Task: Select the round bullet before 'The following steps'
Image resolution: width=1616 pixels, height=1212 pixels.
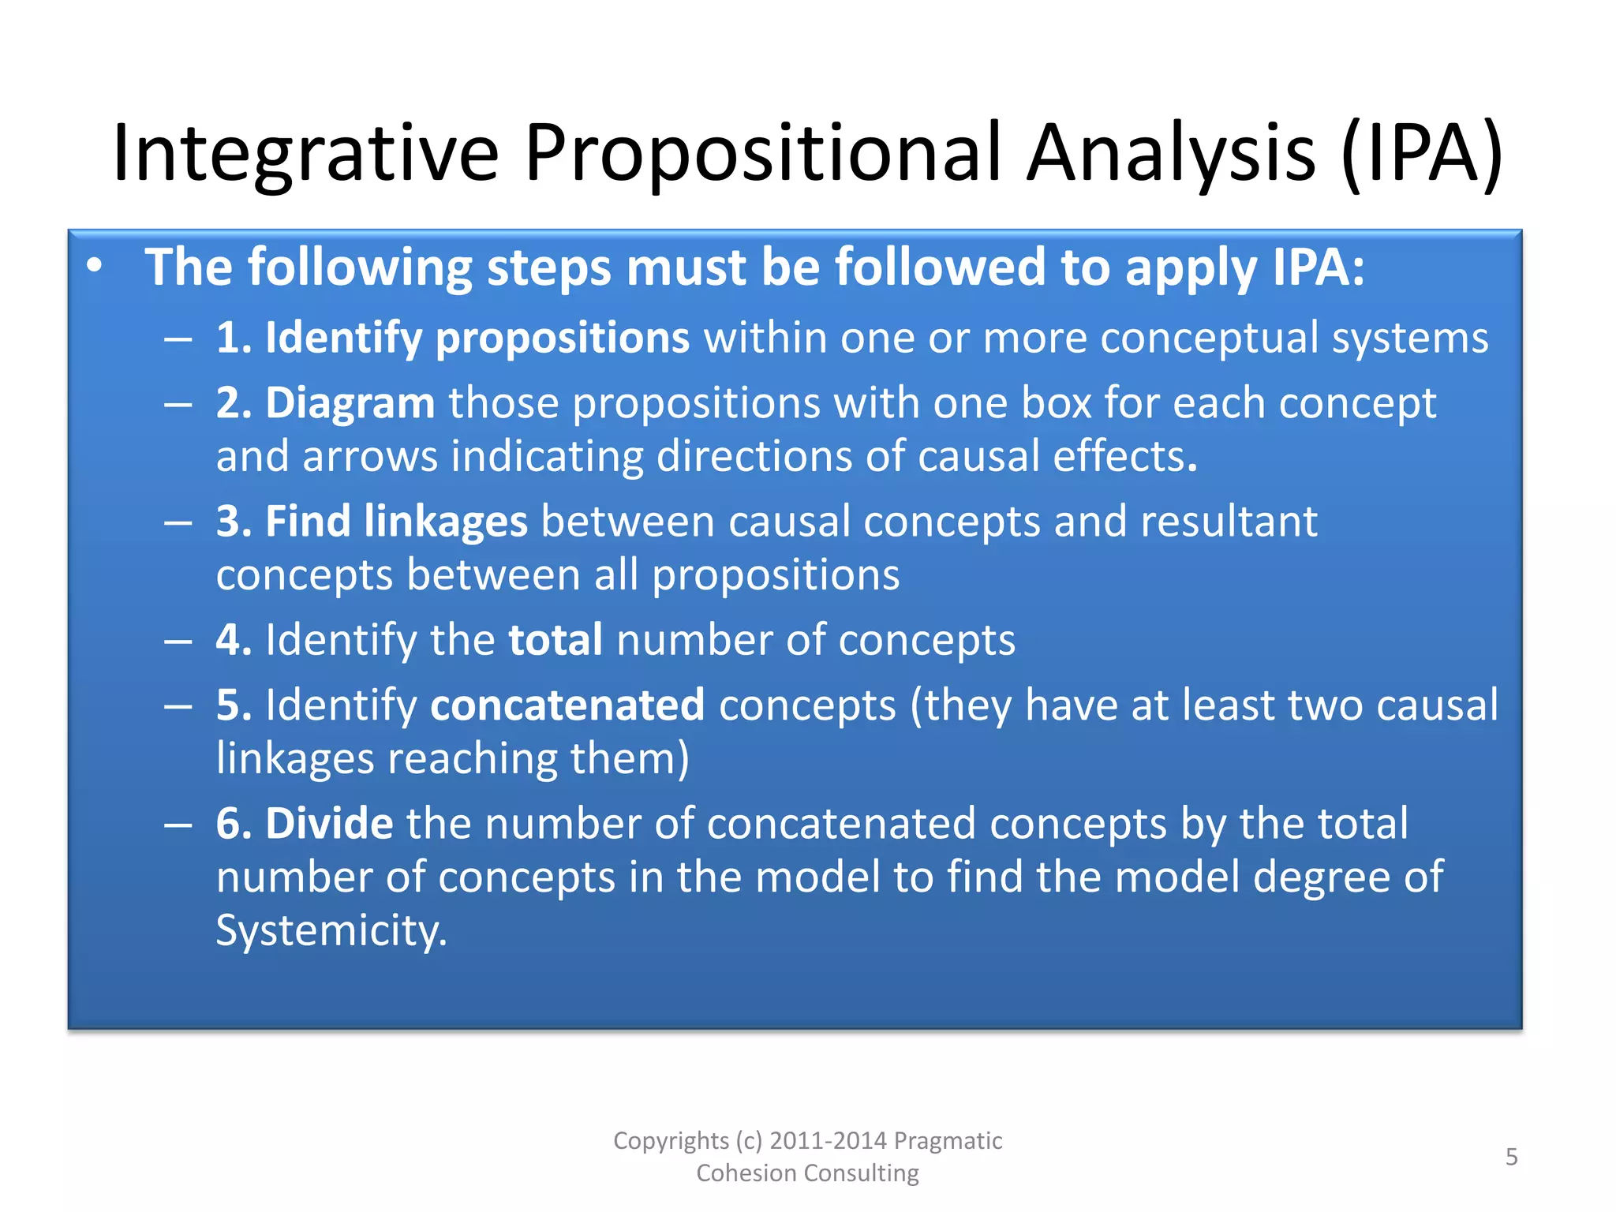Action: (95, 267)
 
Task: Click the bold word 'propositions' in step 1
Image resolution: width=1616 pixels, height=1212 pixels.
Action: (563, 338)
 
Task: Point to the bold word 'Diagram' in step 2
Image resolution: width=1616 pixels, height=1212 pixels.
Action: (350, 403)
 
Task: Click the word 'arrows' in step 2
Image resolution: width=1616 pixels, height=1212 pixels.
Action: (370, 457)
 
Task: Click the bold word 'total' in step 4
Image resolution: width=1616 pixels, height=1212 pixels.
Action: (555, 640)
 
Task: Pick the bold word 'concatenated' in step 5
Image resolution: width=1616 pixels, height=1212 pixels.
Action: (567, 705)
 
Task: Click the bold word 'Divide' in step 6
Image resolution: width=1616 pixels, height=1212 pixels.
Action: (329, 824)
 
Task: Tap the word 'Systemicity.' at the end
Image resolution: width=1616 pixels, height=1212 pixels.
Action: (331, 931)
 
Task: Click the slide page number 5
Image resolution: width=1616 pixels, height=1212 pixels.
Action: (1511, 1157)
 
